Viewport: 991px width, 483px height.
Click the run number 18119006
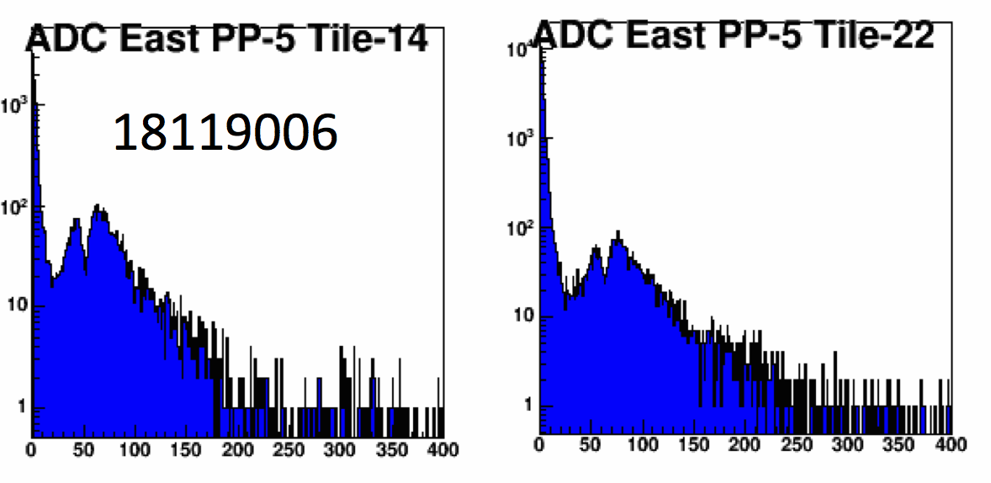point(225,134)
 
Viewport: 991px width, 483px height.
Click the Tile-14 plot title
point(227,40)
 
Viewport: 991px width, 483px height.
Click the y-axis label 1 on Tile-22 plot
point(527,406)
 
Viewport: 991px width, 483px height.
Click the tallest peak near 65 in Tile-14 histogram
point(98,206)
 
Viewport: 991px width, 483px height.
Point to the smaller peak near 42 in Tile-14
point(76,220)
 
